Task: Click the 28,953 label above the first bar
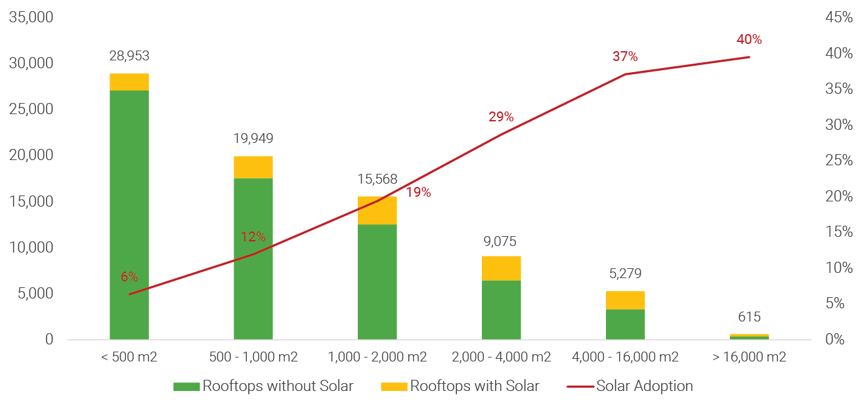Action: (x=129, y=56)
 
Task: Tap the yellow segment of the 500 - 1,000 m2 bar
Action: (x=253, y=167)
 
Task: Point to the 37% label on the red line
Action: (x=625, y=56)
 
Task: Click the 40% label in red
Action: (x=749, y=39)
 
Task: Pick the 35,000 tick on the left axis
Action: (x=31, y=18)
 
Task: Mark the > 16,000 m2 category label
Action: (x=749, y=358)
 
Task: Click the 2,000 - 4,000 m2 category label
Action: (x=501, y=358)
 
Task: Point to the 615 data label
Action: (x=749, y=318)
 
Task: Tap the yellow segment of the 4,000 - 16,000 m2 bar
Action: (x=625, y=300)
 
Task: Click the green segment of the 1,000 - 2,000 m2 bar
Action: (x=377, y=281)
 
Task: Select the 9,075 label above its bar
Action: (x=501, y=241)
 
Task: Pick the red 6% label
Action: (x=129, y=277)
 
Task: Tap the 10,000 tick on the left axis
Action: (x=31, y=248)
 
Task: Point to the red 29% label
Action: (x=501, y=117)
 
